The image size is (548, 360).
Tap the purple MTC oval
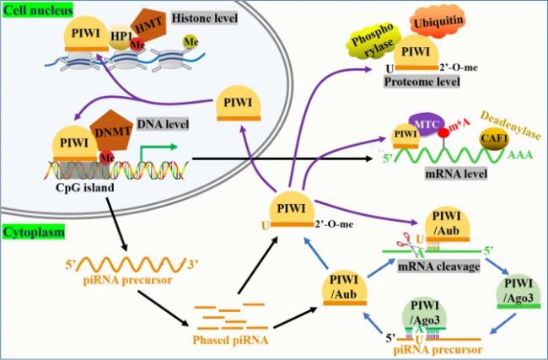[x=426, y=126]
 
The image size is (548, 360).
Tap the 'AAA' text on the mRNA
[x=520, y=159]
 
